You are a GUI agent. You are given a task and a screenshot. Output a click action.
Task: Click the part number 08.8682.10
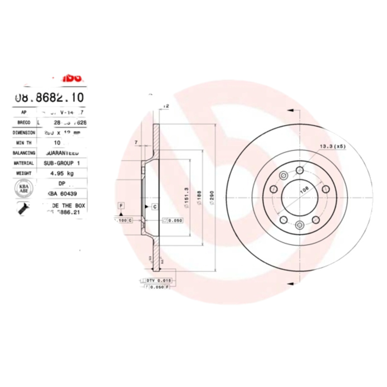(x=49, y=97)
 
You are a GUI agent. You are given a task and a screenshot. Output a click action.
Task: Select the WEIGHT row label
(x=24, y=173)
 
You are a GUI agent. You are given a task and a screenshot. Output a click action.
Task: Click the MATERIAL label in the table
(x=24, y=163)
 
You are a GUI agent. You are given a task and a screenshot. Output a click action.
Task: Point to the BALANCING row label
(x=24, y=152)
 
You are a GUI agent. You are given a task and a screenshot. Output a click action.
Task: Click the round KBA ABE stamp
(x=23, y=188)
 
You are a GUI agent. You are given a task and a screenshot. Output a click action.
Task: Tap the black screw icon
(x=23, y=209)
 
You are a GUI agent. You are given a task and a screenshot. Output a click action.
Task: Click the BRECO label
(x=24, y=123)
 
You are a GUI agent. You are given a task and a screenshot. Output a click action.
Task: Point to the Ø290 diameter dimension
(x=211, y=198)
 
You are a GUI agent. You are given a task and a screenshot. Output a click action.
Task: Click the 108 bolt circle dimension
(x=304, y=190)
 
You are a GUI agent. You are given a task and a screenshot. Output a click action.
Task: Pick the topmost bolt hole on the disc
(x=299, y=170)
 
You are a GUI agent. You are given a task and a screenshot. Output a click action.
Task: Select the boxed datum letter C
(x=155, y=207)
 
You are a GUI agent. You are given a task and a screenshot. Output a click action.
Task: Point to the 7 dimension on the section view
(x=137, y=142)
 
